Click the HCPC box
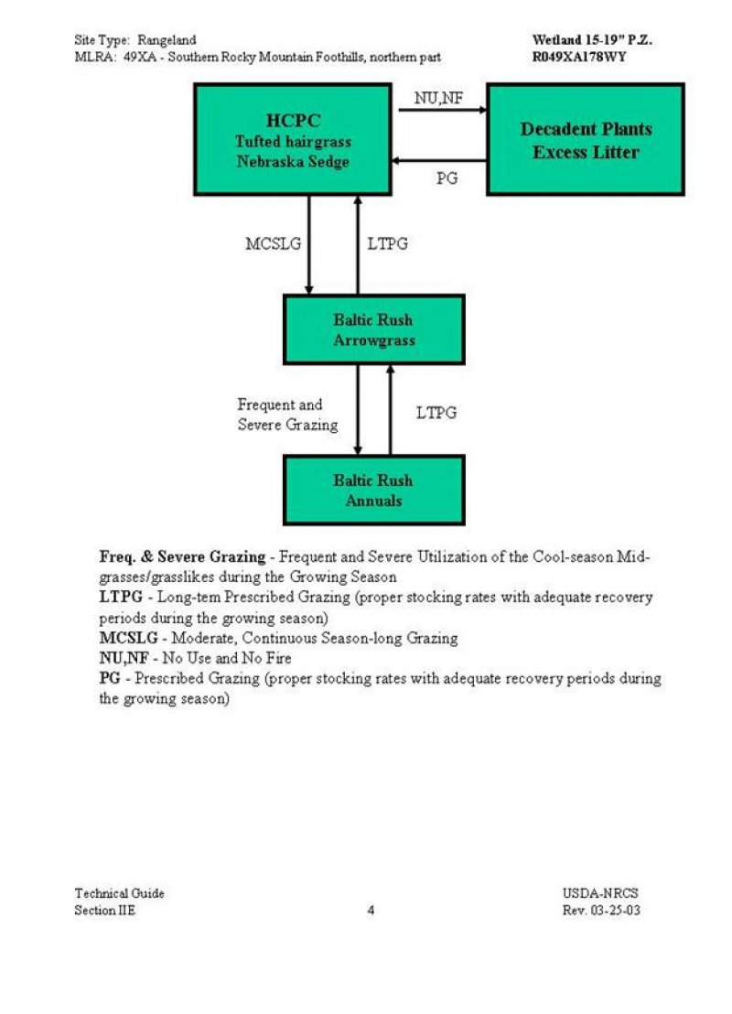pos(295,139)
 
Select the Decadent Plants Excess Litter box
pos(585,139)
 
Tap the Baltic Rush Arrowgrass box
pos(373,329)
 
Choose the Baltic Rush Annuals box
pos(373,490)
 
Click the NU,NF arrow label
pos(438,98)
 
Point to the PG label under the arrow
pos(447,178)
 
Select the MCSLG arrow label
pos(273,244)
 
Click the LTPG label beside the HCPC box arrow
pos(388,244)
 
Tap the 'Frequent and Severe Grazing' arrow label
pos(286,415)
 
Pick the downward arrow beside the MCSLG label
pos(309,244)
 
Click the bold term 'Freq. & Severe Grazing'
pos(182,556)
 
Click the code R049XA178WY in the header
pos(579,57)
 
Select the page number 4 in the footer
pos(371,910)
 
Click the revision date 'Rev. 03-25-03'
pos(601,911)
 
